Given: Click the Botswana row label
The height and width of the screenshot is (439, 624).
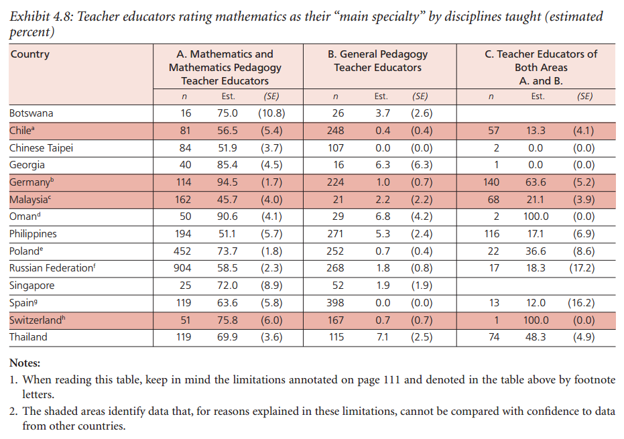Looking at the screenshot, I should (x=32, y=113).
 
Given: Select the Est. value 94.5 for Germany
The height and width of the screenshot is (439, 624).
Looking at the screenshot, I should (x=228, y=182).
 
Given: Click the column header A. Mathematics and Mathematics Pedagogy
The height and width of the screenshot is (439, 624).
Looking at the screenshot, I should (x=225, y=67).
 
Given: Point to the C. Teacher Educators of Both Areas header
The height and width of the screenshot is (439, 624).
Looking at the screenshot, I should (x=540, y=67).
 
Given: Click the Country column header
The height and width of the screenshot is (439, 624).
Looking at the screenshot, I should (x=30, y=54).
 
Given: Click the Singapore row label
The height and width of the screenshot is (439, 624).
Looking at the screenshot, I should (x=32, y=286).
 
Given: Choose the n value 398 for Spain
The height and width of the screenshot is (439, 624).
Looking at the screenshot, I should (x=336, y=303).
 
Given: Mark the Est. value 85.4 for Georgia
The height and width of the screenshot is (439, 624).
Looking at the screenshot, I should (x=228, y=165).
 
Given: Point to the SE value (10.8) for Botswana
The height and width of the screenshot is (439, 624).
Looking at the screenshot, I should (x=271, y=113).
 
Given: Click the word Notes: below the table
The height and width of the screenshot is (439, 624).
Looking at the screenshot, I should (x=25, y=363).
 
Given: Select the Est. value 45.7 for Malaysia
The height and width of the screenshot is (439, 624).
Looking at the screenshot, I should (x=228, y=200).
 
